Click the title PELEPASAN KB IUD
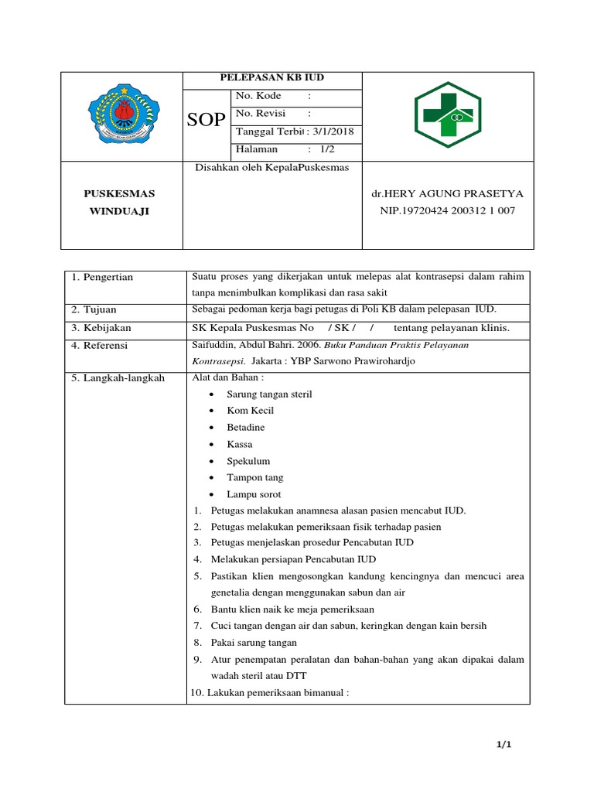272,79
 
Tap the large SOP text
207,120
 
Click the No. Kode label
259,97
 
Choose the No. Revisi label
261,114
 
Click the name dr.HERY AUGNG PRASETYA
448,193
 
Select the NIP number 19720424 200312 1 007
448,210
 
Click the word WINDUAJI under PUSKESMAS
119,211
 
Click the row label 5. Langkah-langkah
118,378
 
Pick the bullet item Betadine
245,428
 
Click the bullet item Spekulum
248,461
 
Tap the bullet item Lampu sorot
254,494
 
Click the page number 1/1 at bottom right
504,745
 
